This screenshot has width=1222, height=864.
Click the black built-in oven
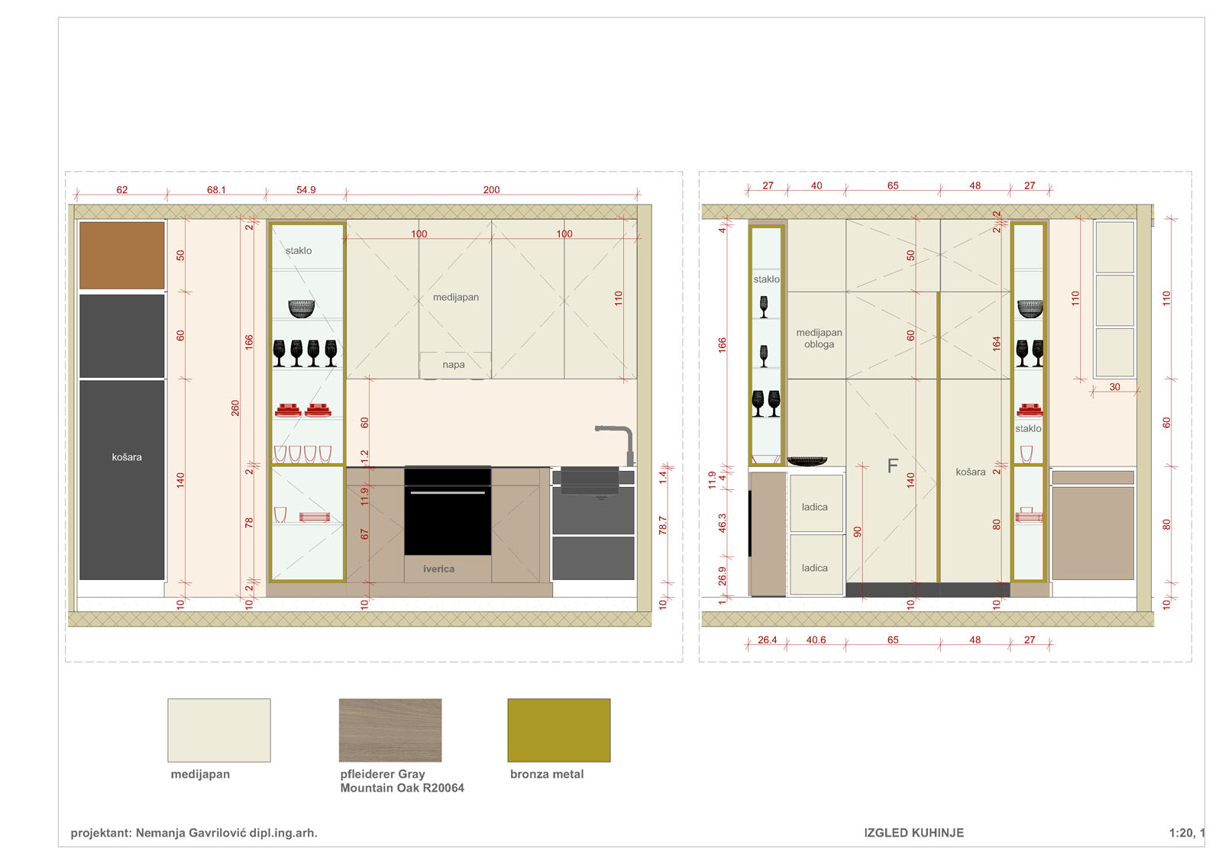[448, 511]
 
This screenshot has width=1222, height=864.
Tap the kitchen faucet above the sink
[616, 445]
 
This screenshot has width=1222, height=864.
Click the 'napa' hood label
[454, 365]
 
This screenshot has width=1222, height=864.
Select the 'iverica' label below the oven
[438, 569]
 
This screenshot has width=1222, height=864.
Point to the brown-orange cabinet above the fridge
[121, 255]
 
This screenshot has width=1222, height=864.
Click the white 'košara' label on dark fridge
[127, 456]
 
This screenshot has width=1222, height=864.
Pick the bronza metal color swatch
[558, 730]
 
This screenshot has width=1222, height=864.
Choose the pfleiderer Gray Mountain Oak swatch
[390, 730]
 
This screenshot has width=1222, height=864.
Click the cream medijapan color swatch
[218, 730]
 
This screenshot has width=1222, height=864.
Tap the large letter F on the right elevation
[893, 466]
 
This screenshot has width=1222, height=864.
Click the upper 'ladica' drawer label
[814, 507]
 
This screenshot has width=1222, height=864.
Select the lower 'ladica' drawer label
[814, 568]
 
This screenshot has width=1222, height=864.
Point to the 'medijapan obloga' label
[819, 338]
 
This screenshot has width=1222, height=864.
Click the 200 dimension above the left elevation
[491, 190]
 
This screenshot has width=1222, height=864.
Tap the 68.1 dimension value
[216, 190]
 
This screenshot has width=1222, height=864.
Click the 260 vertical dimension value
[235, 408]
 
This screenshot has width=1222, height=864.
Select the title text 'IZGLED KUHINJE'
[913, 833]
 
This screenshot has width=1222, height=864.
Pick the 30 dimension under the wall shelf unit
[1114, 386]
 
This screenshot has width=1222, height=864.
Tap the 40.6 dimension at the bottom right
[816, 640]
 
